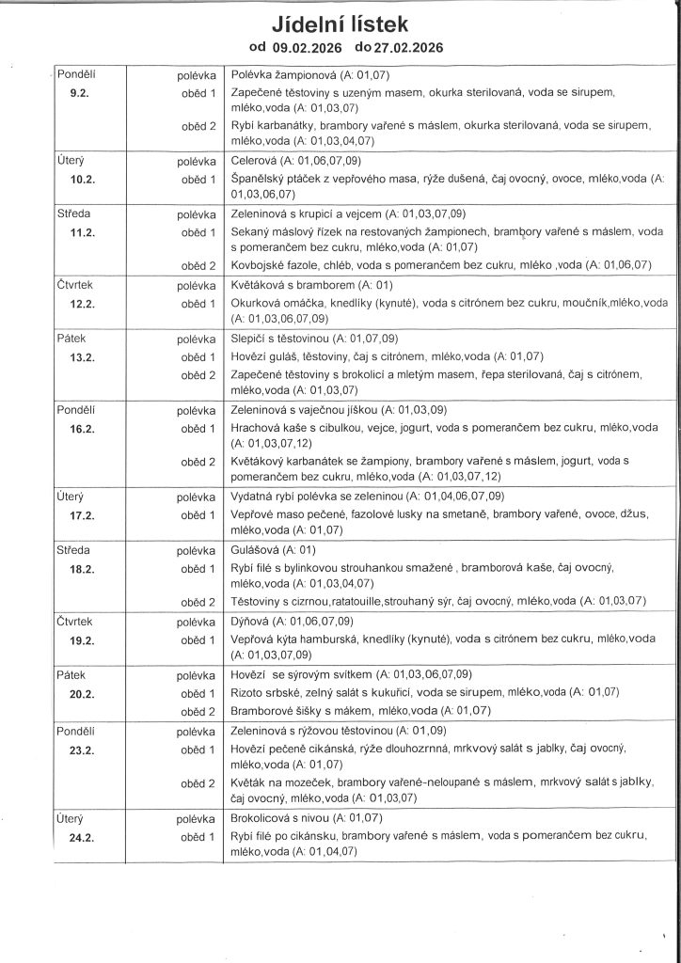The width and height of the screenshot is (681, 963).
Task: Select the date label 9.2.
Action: pos(82,94)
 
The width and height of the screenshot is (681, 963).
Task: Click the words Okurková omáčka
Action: pos(275,304)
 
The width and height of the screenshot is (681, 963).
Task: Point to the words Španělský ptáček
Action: pos(276,179)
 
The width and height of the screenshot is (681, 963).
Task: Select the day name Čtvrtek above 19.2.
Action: pos(77,622)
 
